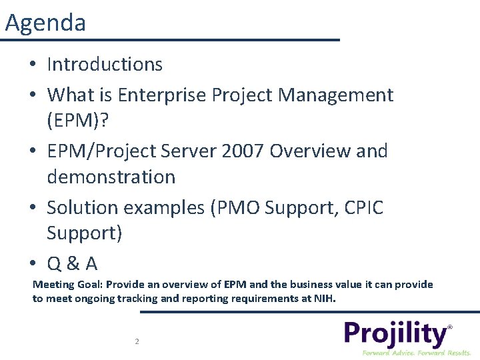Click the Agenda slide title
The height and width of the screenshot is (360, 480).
45,23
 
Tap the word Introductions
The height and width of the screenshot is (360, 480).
105,65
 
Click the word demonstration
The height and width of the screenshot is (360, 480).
111,177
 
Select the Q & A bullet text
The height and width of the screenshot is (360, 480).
72,264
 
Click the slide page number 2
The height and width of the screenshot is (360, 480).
137,341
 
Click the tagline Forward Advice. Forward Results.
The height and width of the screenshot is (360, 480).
416,352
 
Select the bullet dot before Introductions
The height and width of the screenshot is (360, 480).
33,65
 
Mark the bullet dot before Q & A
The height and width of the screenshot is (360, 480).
33,265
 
